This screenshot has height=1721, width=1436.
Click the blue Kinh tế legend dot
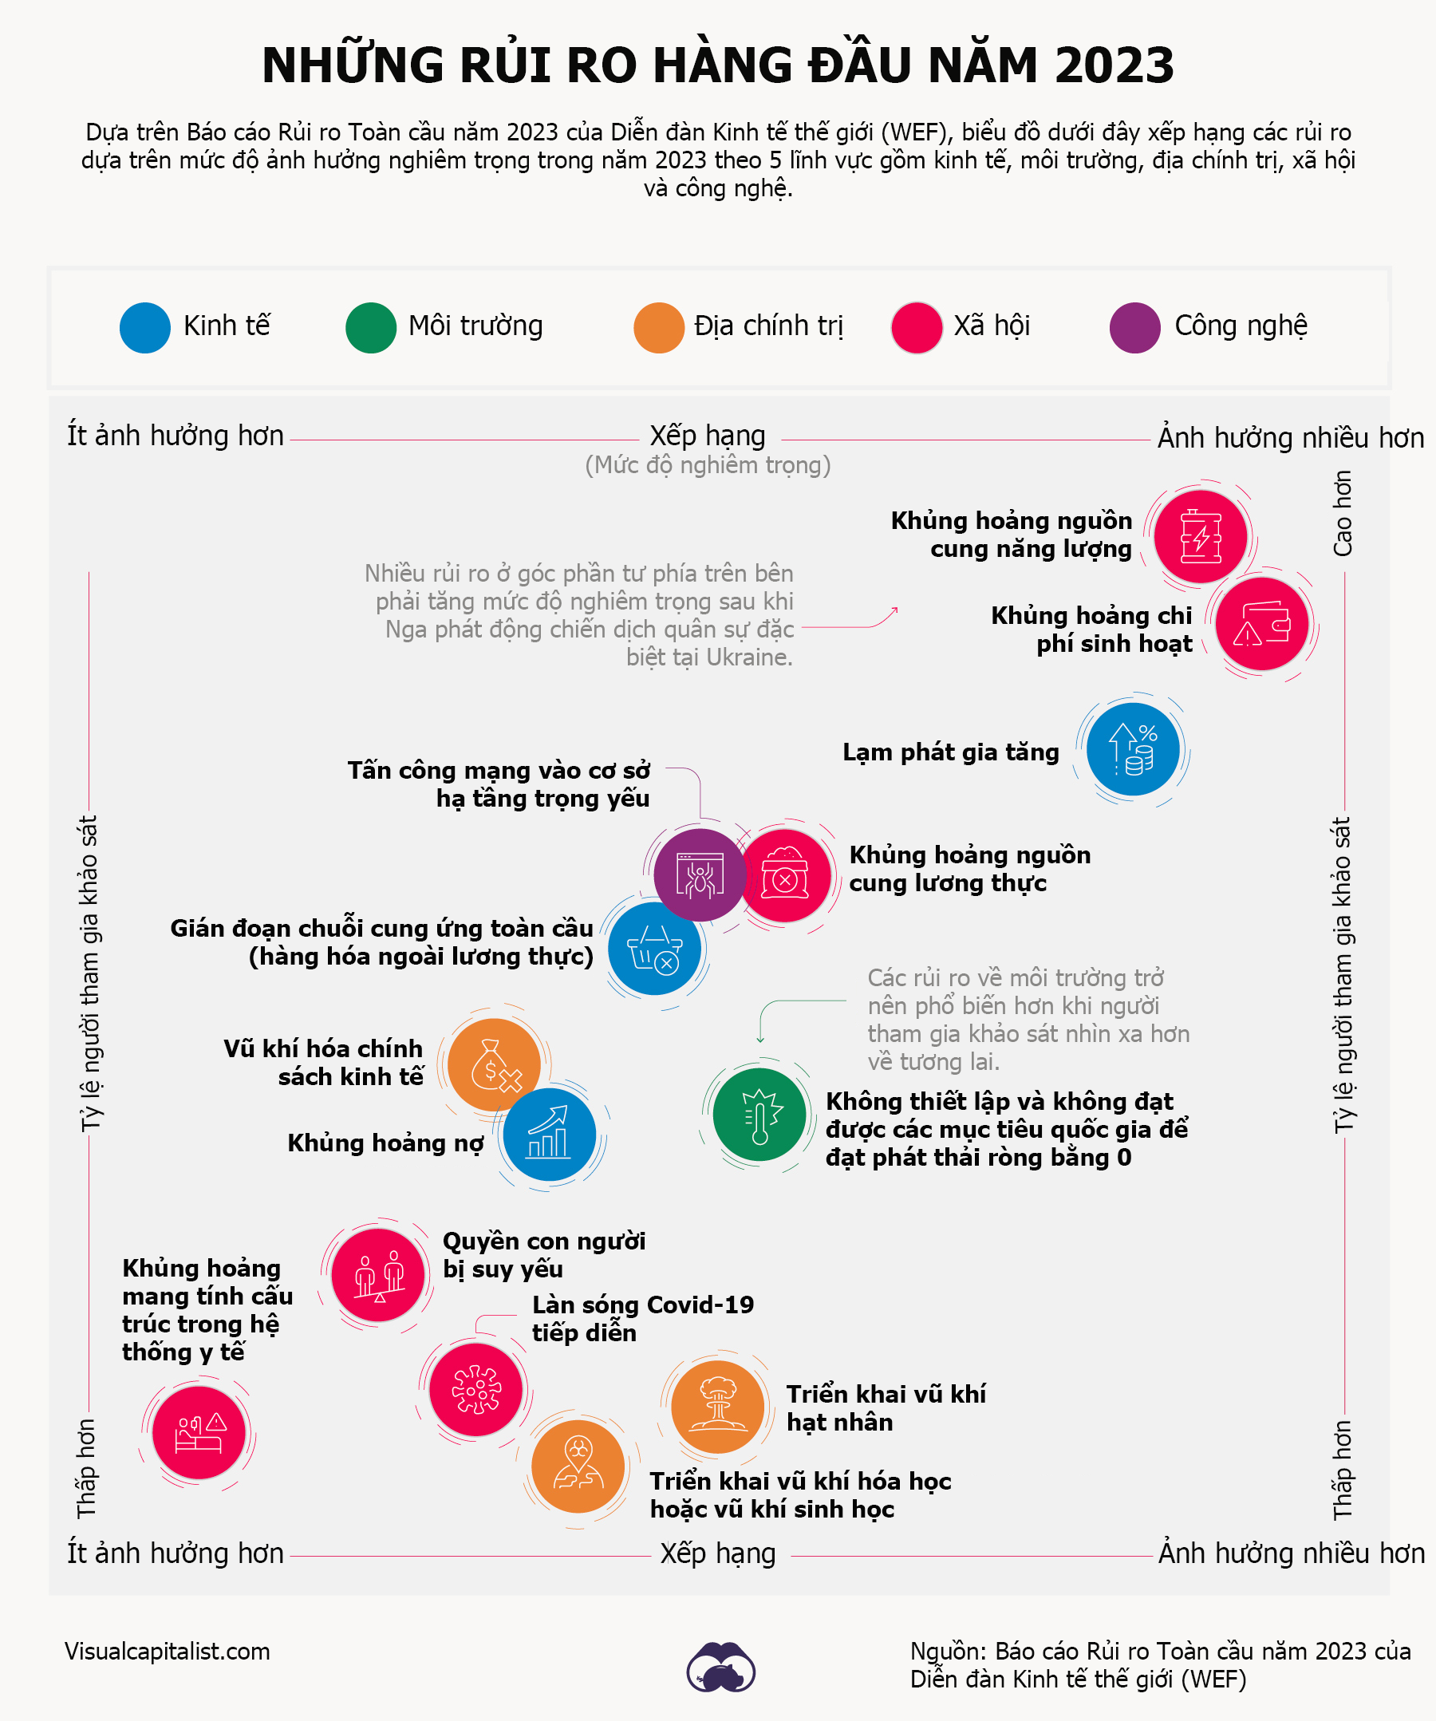(145, 328)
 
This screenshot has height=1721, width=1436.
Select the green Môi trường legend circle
(371, 328)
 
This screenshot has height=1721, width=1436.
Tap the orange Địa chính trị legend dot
(659, 328)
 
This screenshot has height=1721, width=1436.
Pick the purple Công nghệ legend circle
(1134, 328)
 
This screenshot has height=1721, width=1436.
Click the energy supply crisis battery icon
(1201, 537)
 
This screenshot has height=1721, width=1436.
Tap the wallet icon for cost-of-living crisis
(1261, 625)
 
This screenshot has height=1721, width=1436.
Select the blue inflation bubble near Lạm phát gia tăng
(1133, 749)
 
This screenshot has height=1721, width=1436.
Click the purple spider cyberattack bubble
(699, 874)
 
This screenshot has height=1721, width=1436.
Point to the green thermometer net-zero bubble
(759, 1115)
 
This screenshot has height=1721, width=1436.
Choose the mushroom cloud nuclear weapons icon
(718, 1407)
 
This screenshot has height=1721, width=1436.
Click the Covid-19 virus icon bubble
(476, 1389)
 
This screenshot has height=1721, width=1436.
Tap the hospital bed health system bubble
(199, 1432)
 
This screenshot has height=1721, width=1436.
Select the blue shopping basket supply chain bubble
(654, 949)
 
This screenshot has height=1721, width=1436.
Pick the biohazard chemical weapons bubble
(578, 1466)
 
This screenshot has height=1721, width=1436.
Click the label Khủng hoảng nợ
(385, 1143)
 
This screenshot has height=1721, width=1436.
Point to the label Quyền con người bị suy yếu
(543, 1255)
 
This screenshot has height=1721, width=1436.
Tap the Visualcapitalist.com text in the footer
(168, 1651)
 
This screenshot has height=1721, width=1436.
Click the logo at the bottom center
(720, 1666)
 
